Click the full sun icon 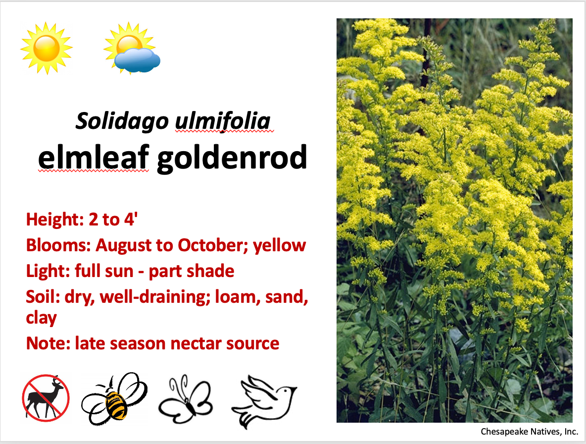pos(47,48)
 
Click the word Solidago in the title pos(122,121)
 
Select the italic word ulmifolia pos(222,121)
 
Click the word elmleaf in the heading pos(94,157)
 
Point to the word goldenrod pos(232,157)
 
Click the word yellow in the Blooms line pos(280,245)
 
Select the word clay pos(41,318)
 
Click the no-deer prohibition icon pos(46,397)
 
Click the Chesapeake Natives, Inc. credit pos(529,432)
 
